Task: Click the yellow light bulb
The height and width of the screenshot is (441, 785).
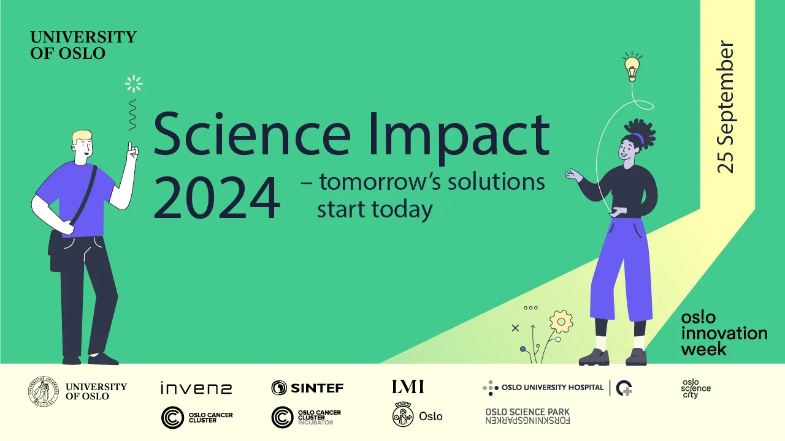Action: tap(632, 69)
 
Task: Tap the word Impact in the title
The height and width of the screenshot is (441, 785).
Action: tap(459, 137)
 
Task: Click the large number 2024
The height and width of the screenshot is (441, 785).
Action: tap(217, 198)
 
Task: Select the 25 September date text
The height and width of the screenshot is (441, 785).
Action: tap(725, 107)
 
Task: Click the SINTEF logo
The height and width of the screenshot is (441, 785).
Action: tap(307, 388)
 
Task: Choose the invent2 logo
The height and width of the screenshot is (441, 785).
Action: tap(196, 388)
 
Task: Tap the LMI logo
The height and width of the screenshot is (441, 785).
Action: tap(408, 386)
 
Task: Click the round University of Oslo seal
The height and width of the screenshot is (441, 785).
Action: tap(44, 391)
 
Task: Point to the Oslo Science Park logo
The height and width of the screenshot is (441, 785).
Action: tap(527, 416)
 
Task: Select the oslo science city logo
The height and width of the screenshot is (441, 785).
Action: tap(695, 388)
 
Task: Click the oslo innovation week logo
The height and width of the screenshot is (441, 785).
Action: tap(724, 334)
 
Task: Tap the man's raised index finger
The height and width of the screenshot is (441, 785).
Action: tap(130, 147)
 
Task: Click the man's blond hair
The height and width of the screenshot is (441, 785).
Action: tap(82, 137)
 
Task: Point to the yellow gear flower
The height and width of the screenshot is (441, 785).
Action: tap(561, 322)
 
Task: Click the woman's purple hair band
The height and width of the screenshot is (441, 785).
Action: tap(640, 138)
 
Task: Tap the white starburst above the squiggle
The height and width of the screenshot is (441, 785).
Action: tap(134, 84)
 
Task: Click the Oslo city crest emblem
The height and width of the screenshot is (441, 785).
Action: tap(403, 415)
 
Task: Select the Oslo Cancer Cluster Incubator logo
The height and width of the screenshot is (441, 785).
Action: tap(306, 417)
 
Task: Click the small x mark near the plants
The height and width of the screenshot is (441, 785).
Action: tap(515, 328)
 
